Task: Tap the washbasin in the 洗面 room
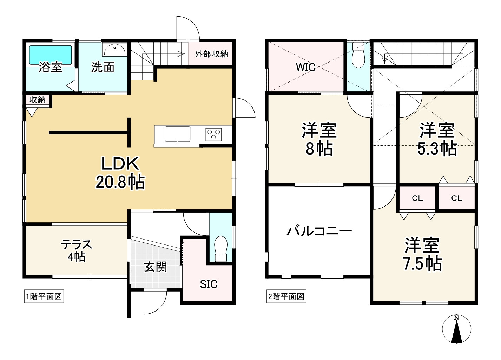tap(115, 49)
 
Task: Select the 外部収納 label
tap(211, 54)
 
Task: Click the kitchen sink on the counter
tap(177, 134)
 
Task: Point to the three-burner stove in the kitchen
tap(213, 135)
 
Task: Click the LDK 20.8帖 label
tap(120, 173)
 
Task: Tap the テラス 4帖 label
tap(77, 250)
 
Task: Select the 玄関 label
tap(156, 267)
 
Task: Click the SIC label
tap(209, 284)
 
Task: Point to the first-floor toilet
tap(221, 248)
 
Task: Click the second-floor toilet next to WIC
tap(358, 55)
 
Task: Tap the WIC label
tap(306, 67)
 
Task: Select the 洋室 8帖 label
tap(319, 139)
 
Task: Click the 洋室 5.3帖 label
tap(437, 139)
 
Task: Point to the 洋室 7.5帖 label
tap(422, 254)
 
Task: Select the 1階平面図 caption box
tap(44, 296)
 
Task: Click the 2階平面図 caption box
tap(286, 296)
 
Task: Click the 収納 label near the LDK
tap(38, 100)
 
